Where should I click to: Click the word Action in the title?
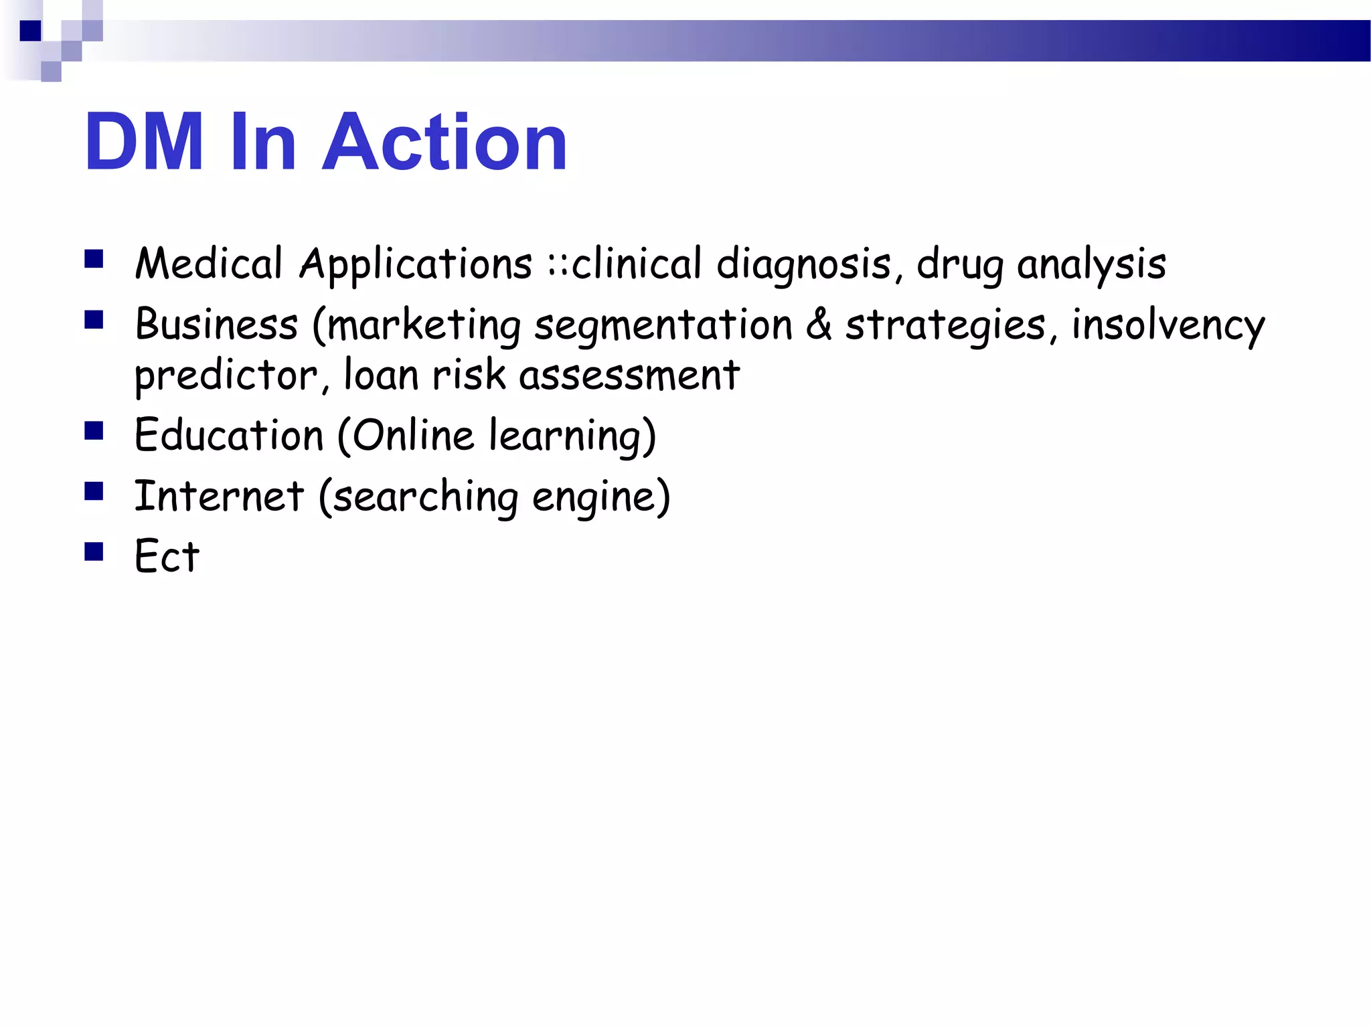click(x=445, y=142)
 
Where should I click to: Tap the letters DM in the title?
click(x=144, y=142)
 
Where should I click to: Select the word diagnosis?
click(x=804, y=264)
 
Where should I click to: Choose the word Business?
click(x=216, y=325)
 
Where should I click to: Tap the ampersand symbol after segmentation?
click(x=819, y=325)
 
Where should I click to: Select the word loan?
click(x=381, y=374)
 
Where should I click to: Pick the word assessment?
click(x=629, y=375)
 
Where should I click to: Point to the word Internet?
click(x=219, y=496)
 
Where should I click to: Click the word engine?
click(x=593, y=497)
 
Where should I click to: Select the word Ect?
click(x=167, y=556)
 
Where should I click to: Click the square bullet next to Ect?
click(x=94, y=552)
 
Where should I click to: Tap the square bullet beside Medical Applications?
click(x=94, y=259)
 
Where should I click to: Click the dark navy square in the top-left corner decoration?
click(x=30, y=31)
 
